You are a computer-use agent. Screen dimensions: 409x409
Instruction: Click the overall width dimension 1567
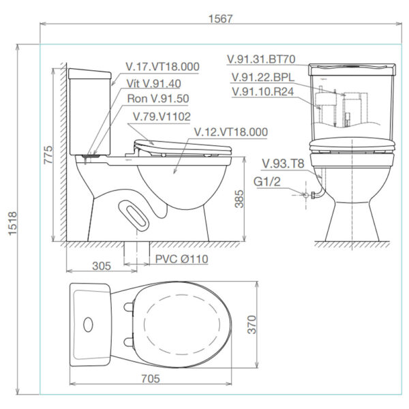pyautogui.click(x=222, y=18)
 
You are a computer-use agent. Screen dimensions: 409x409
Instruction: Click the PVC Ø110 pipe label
pyautogui.click(x=181, y=259)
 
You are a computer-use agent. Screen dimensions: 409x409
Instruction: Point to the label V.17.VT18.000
pyautogui.click(x=163, y=67)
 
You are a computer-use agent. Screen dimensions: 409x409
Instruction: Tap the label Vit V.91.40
pyautogui.click(x=153, y=83)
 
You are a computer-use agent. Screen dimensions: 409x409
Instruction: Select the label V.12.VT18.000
pyautogui.click(x=230, y=132)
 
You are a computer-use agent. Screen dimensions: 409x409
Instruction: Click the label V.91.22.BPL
pyautogui.click(x=263, y=76)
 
